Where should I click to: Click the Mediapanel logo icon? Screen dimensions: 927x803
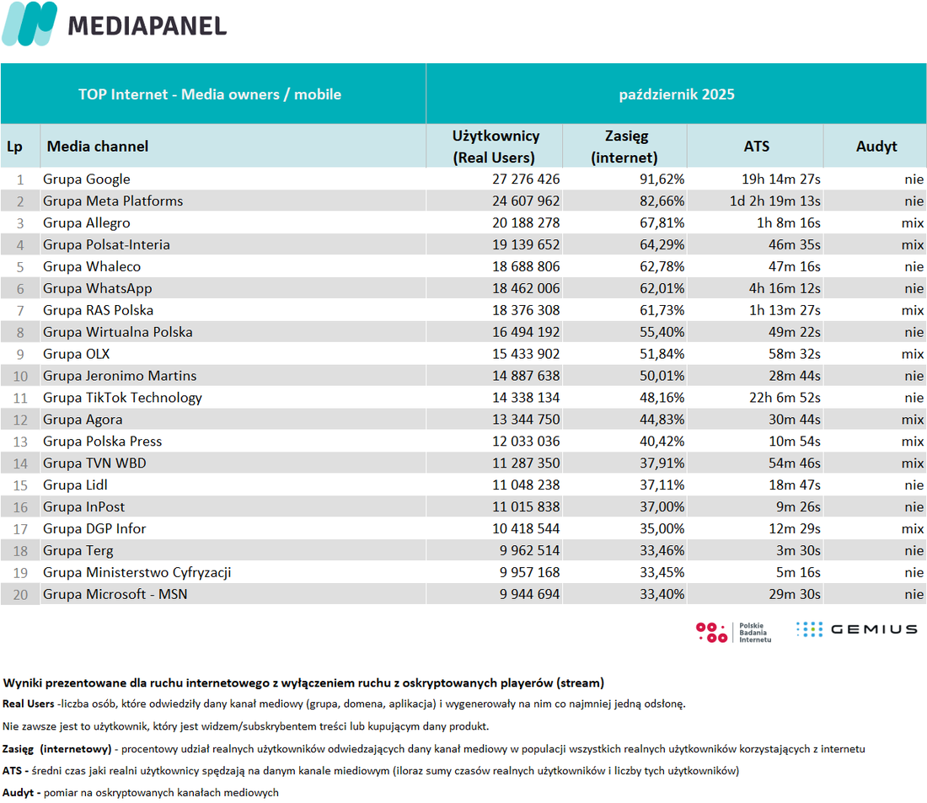pyautogui.click(x=29, y=24)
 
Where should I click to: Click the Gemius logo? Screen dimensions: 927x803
pyautogui.click(x=857, y=629)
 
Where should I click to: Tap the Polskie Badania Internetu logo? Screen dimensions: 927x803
pyautogui.click(x=734, y=632)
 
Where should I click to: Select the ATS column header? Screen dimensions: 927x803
pyautogui.click(x=756, y=146)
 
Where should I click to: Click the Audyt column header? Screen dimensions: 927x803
pyautogui.click(x=876, y=146)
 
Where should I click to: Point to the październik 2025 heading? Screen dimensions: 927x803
pyautogui.click(x=677, y=94)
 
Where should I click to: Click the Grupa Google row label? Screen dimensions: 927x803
pyautogui.click(x=86, y=179)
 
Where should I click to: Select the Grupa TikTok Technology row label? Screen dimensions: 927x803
pyautogui.click(x=122, y=398)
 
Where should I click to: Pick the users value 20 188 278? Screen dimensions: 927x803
pyautogui.click(x=526, y=223)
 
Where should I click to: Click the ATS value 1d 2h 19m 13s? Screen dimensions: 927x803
pyautogui.click(x=774, y=201)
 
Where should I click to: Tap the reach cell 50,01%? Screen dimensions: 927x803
pyautogui.click(x=662, y=376)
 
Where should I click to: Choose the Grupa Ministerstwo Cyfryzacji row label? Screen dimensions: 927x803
pyautogui.click(x=137, y=572)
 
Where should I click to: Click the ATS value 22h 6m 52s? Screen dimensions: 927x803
pyautogui.click(x=785, y=398)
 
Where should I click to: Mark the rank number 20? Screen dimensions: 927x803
pyautogui.click(x=20, y=595)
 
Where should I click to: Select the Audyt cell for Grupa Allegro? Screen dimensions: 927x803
pyautogui.click(x=912, y=223)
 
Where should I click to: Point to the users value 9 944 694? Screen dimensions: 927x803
pyautogui.click(x=529, y=594)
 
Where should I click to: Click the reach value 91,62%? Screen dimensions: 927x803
pyautogui.click(x=662, y=179)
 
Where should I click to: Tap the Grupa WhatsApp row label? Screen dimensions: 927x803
pyautogui.click(x=97, y=288)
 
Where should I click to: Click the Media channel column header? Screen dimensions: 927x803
pyautogui.click(x=98, y=146)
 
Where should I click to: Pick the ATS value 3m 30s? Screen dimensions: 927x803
pyautogui.click(x=798, y=550)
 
